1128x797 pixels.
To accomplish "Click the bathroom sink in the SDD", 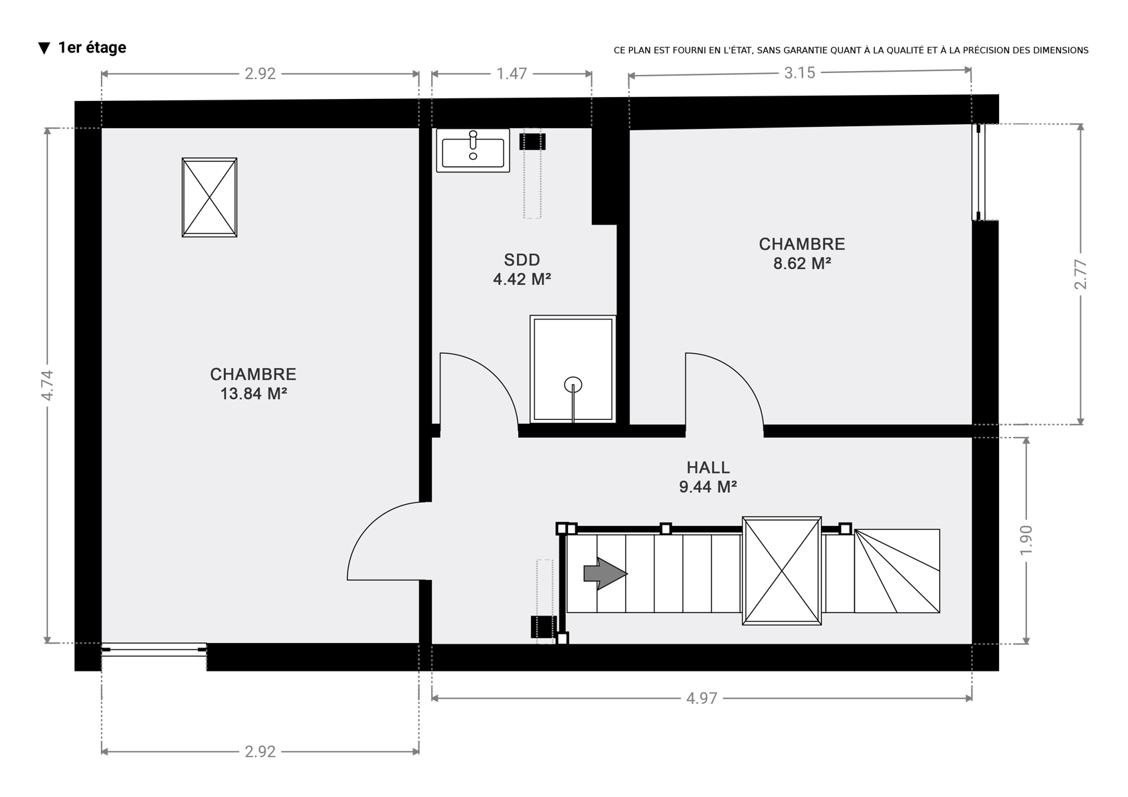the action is point(473,150).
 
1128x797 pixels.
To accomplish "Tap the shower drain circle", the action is point(573,385).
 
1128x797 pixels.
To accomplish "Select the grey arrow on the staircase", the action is point(605,573).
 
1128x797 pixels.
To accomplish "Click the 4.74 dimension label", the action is point(47,385).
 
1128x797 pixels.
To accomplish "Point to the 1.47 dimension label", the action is point(512,74).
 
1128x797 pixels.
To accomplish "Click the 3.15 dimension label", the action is point(800,72).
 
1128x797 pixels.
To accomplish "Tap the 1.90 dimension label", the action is point(1026,540).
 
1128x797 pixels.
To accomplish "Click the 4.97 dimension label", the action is point(702,698).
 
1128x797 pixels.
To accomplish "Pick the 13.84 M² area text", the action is point(253,393).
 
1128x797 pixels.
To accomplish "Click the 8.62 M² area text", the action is point(802,263).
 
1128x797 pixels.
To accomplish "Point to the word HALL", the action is point(708,467).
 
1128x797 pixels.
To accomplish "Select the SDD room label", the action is point(521,260).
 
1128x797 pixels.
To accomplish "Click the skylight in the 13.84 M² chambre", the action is point(209,197).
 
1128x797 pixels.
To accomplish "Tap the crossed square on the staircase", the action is point(781,571).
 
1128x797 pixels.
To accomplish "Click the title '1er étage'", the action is point(92,47).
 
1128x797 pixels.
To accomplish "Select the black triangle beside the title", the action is point(45,48).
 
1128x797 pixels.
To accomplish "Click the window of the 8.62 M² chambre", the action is point(979,172).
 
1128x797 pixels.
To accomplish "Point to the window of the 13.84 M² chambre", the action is point(154,650).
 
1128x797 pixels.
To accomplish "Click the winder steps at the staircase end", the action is point(897,571).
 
